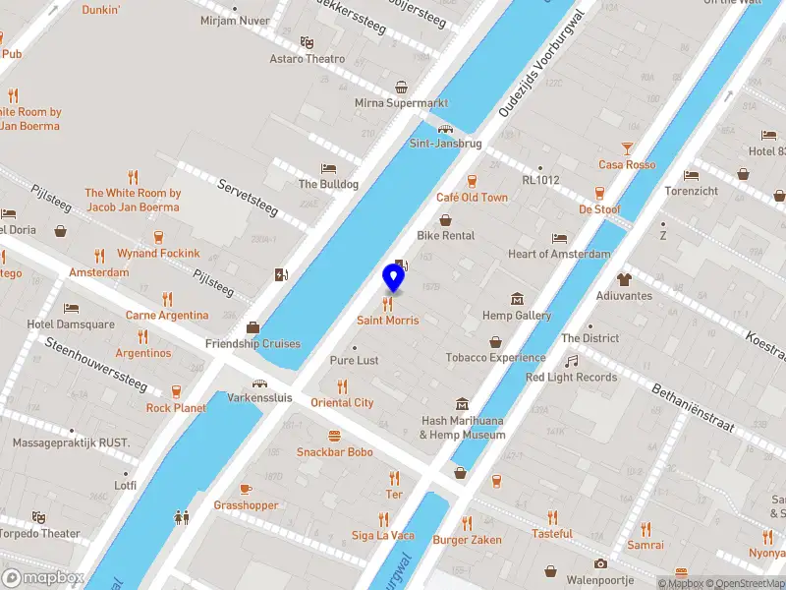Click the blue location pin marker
(393, 277)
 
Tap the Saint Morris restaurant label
(387, 321)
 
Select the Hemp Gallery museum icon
(517, 299)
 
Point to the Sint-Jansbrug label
(445, 144)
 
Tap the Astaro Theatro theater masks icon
(307, 42)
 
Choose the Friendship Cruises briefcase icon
(253, 327)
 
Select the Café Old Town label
(472, 198)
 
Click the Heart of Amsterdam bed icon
(559, 238)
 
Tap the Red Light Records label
(571, 378)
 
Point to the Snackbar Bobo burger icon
(334, 436)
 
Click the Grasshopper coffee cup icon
(246, 489)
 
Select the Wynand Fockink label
(158, 254)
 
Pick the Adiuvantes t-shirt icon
(623, 279)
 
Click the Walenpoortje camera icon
(600, 563)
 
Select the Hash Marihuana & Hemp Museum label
(462, 428)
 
